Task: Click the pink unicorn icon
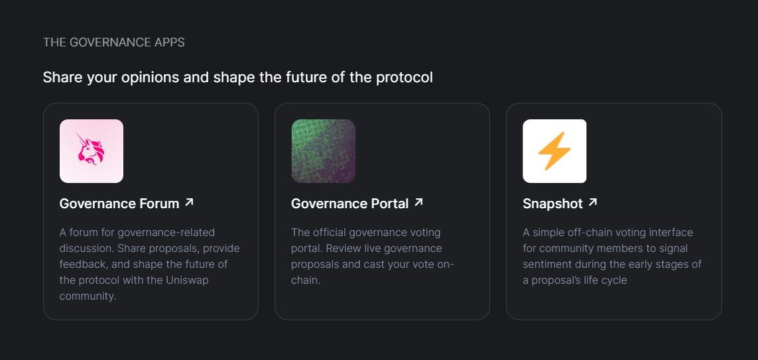point(92,150)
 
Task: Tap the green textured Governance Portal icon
point(323,150)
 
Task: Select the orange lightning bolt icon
point(554,150)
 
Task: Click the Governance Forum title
point(119,204)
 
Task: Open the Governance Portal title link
point(350,204)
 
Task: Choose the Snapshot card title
point(552,204)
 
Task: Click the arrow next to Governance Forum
point(190,202)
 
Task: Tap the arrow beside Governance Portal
point(418,202)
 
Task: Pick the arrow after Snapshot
point(593,202)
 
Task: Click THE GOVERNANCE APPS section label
point(113,42)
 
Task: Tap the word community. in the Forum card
point(88,296)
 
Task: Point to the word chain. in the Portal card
point(306,280)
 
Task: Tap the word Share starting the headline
point(63,78)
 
